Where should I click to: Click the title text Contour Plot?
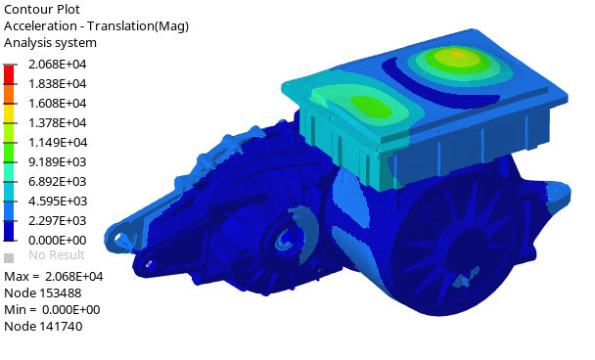(x=42, y=9)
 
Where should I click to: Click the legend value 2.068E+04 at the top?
(x=58, y=65)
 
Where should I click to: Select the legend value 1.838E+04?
(x=58, y=84)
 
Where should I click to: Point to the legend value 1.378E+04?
(x=58, y=123)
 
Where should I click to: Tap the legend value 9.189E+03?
(x=58, y=162)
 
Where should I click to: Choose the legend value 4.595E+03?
(x=58, y=202)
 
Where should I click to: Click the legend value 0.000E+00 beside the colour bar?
(x=58, y=240)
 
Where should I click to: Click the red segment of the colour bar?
(x=9, y=74)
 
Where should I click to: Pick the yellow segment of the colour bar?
(x=9, y=113)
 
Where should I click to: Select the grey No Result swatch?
(x=9, y=258)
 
